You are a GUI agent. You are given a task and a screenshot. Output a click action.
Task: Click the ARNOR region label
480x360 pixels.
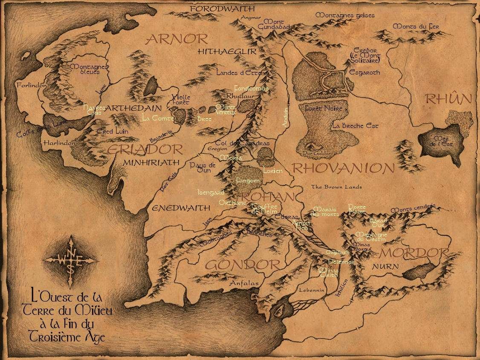(176, 39)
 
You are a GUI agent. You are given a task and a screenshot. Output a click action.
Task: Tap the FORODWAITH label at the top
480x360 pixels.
(222, 9)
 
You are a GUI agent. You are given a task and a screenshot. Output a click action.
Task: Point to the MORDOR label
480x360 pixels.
(415, 253)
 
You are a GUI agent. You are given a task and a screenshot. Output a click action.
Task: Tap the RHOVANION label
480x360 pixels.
(343, 168)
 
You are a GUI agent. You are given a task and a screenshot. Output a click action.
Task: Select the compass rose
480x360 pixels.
(70, 258)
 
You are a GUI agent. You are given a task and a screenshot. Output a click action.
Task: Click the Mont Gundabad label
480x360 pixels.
(274, 24)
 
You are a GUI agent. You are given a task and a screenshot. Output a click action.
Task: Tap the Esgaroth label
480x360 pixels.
(364, 72)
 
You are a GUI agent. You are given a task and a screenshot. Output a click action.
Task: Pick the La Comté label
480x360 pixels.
(155, 117)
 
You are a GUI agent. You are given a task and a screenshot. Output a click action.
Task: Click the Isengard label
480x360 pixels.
(211, 192)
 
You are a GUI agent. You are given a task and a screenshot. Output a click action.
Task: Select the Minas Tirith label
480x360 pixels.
(328, 273)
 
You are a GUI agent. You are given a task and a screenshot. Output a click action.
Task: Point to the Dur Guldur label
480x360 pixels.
(313, 153)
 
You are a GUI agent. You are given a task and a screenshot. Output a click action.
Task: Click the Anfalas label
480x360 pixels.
(244, 282)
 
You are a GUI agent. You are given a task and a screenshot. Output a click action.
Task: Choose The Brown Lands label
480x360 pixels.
(336, 187)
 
